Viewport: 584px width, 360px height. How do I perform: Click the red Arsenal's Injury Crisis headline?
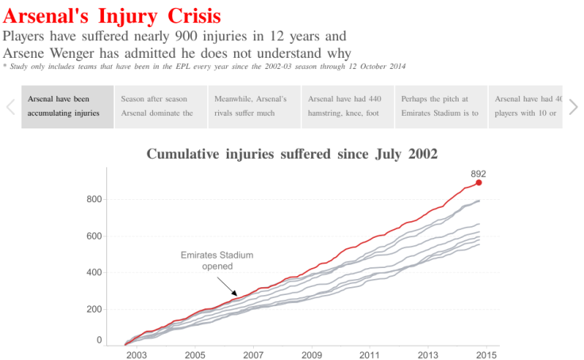(x=112, y=15)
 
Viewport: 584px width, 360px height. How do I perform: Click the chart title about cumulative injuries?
(x=292, y=154)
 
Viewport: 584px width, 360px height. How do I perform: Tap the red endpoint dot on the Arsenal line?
(x=478, y=182)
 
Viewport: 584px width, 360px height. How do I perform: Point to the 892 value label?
(x=478, y=173)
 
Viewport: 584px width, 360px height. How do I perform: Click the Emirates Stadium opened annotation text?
(x=217, y=261)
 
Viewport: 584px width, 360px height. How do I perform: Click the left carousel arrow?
(x=11, y=107)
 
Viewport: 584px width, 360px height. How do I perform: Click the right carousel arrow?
(x=573, y=107)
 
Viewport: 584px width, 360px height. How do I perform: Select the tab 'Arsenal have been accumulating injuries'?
(x=67, y=106)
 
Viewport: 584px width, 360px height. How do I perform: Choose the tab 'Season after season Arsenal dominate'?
(x=160, y=106)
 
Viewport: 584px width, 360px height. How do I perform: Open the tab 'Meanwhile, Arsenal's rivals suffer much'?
(x=254, y=106)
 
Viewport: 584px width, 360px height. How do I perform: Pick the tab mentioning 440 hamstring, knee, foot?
(x=348, y=106)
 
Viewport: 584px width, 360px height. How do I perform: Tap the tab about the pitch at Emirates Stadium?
(x=440, y=106)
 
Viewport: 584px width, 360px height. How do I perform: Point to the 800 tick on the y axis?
(x=94, y=199)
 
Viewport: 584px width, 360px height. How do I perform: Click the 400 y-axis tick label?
(x=94, y=272)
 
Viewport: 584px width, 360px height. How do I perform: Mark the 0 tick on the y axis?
(x=98, y=340)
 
